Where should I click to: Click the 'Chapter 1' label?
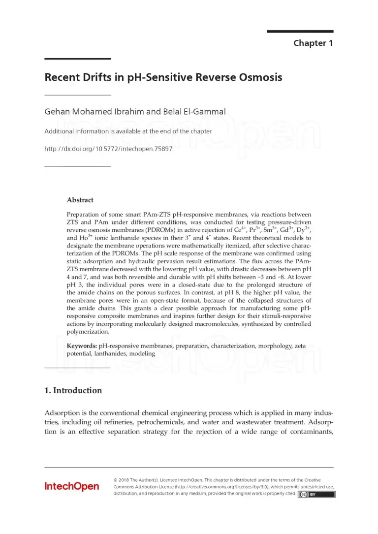(313, 43)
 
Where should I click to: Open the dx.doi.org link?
(108, 148)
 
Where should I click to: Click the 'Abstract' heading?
(80, 200)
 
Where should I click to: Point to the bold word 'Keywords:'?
(82, 346)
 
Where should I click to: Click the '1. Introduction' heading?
(73, 390)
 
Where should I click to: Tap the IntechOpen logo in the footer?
(71, 486)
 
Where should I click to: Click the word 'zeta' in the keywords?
(300, 346)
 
